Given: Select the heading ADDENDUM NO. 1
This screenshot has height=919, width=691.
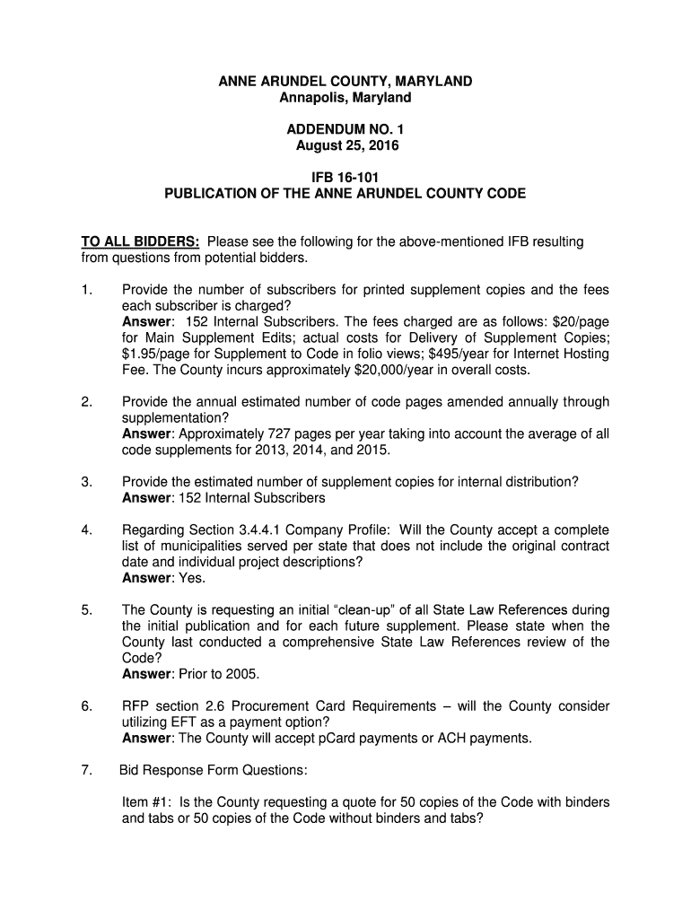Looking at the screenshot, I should click(x=345, y=129).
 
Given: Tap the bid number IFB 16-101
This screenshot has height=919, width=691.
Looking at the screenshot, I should click(x=345, y=178).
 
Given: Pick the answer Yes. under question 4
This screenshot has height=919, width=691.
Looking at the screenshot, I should click(x=186, y=579).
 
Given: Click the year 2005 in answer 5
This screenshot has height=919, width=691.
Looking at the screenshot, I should click(x=241, y=675).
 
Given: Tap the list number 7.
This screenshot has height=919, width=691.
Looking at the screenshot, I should click(x=86, y=771).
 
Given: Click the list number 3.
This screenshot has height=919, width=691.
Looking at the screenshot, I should click(x=86, y=482).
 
